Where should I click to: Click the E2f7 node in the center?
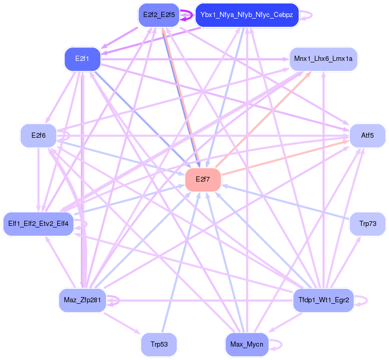pyautogui.click(x=203, y=179)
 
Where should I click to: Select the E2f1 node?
pyautogui.click(x=82, y=59)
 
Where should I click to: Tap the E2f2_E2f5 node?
pyautogui.click(x=158, y=15)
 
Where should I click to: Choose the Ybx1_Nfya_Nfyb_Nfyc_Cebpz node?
pyautogui.click(x=247, y=15)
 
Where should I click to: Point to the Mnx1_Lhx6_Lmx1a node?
pyautogui.click(x=323, y=59)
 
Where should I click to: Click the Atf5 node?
pyautogui.click(x=367, y=136)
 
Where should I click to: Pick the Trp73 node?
pyautogui.click(x=367, y=224)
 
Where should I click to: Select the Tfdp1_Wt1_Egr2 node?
pyautogui.click(x=324, y=300)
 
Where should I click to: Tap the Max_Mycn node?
pyautogui.click(x=247, y=344)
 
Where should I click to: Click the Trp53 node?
pyautogui.click(x=159, y=344)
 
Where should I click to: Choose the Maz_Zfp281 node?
pyautogui.click(x=82, y=300)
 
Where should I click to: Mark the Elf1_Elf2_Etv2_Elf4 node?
pyautogui.click(x=39, y=224)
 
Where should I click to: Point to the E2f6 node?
pyautogui.click(x=39, y=136)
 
